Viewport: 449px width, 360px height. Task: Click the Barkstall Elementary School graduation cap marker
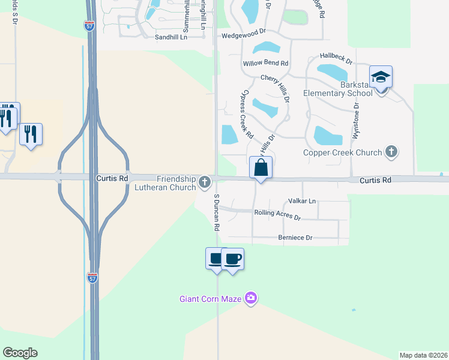coord(381,77)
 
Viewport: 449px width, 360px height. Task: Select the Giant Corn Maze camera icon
coord(251,298)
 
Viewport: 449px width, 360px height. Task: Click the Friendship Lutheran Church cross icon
coord(205,181)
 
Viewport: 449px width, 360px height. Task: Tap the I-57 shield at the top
coord(88,25)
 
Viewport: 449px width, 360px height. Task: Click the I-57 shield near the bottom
coord(92,278)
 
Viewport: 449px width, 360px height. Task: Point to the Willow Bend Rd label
coord(265,63)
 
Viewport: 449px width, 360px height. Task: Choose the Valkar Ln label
coord(302,201)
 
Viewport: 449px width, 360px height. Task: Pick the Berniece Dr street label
coord(296,238)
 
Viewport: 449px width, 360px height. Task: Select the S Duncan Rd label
coord(216,213)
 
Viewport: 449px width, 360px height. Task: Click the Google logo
coord(20,353)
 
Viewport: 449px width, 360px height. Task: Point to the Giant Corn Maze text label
coord(210,298)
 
